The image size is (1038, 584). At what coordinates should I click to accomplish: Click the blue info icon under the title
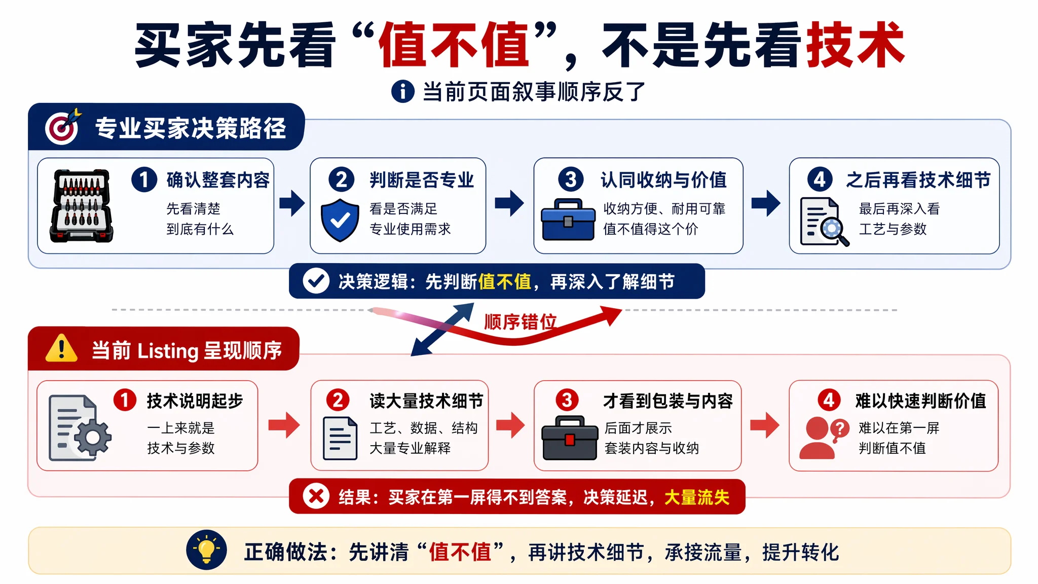pos(403,92)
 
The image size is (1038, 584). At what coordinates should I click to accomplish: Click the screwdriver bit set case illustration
pos(82,206)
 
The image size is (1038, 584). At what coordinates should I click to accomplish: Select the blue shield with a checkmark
pos(340,220)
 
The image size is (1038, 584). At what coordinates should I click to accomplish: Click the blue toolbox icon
pos(568,220)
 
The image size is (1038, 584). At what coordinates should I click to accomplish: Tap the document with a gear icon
pos(80,428)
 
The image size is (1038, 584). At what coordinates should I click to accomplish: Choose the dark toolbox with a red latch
pos(570,438)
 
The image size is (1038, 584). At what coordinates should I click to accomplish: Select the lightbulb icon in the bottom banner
pos(206,550)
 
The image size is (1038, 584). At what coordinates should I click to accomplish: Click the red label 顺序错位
pos(520,322)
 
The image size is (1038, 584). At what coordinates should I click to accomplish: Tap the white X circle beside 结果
pos(316,496)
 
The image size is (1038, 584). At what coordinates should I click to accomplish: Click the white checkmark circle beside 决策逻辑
pos(316,281)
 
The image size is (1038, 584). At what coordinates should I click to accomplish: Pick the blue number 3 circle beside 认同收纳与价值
pos(571,179)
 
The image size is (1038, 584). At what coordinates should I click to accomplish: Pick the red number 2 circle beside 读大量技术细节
pos(338,400)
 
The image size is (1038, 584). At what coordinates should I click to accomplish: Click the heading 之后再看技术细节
pos(918,180)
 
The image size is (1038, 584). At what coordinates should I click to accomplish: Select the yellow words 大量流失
pos(696,497)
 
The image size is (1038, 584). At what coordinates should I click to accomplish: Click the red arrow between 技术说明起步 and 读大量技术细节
pos(284,425)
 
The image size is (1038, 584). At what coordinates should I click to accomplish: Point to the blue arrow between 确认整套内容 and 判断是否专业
pos(292,203)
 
